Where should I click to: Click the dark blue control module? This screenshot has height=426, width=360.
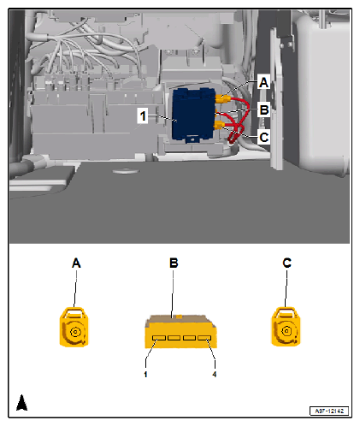[x=193, y=114]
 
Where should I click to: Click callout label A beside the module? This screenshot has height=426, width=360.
[x=263, y=82]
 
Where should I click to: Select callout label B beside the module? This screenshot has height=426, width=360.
[x=264, y=109]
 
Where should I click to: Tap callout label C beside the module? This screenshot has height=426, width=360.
[x=264, y=137]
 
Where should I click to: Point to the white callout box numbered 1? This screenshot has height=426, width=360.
[x=143, y=115]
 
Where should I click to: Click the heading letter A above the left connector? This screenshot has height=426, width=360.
[x=76, y=263]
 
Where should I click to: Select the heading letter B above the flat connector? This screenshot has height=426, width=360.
[x=174, y=263]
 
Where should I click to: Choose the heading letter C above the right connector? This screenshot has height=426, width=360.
[x=286, y=263]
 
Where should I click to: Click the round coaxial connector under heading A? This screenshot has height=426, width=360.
[x=74, y=327]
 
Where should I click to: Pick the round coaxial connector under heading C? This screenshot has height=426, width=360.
[x=286, y=327]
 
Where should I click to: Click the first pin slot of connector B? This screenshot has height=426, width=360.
[x=159, y=338]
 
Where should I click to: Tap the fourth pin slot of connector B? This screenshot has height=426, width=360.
[x=204, y=338]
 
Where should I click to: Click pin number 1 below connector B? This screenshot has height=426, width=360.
[x=145, y=375]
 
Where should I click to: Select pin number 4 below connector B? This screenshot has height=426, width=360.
[x=215, y=375]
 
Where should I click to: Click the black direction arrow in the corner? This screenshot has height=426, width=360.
[x=21, y=402]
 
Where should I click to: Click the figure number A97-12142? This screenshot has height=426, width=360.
[x=329, y=411]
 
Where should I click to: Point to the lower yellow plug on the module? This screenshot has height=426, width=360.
[x=220, y=125]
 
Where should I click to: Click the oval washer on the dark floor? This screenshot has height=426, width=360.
[x=126, y=171]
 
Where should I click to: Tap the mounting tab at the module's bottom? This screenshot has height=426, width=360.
[x=192, y=139]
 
